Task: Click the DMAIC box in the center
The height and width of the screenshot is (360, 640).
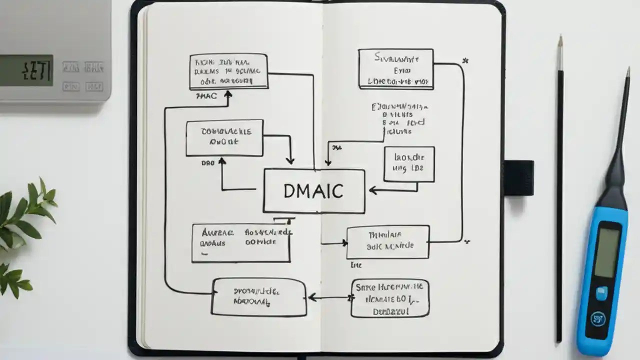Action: point(314,191)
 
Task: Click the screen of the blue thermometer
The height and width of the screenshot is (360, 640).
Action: point(607,252)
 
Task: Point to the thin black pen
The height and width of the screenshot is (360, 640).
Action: point(560,200)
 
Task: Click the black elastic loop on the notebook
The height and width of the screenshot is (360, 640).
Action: point(518,178)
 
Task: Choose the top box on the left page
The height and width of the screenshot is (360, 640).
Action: point(228,72)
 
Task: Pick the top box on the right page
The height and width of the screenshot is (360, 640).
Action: point(395,69)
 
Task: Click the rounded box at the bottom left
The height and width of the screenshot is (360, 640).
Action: point(258,297)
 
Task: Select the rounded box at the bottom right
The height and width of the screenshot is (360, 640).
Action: point(390,298)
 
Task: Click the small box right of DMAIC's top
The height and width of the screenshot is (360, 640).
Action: point(409,164)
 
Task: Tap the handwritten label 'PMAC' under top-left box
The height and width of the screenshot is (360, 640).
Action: point(206,95)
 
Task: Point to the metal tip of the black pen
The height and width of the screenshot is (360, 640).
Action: point(560,52)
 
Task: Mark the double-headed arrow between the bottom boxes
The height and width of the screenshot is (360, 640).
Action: point(330,297)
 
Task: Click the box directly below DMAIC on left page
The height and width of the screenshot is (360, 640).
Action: point(241,243)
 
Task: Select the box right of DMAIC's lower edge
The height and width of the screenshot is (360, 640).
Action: point(388,242)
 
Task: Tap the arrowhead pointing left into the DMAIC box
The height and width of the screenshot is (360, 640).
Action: point(371,190)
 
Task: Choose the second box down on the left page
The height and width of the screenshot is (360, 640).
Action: point(224,137)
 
